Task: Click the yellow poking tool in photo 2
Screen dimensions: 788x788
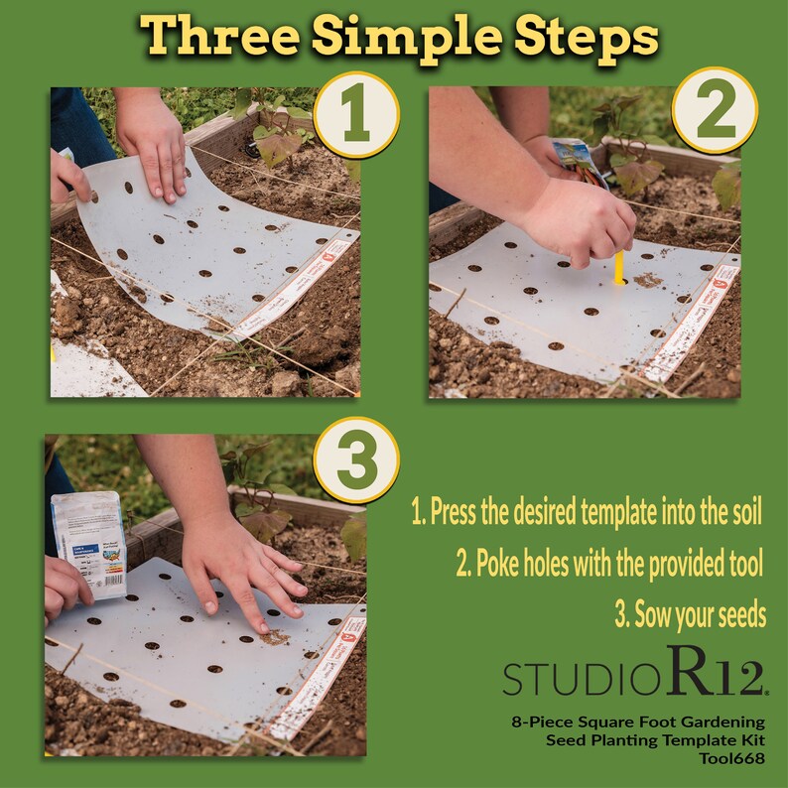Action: coord(618,267)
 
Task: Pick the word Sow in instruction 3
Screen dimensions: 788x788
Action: coord(653,614)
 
